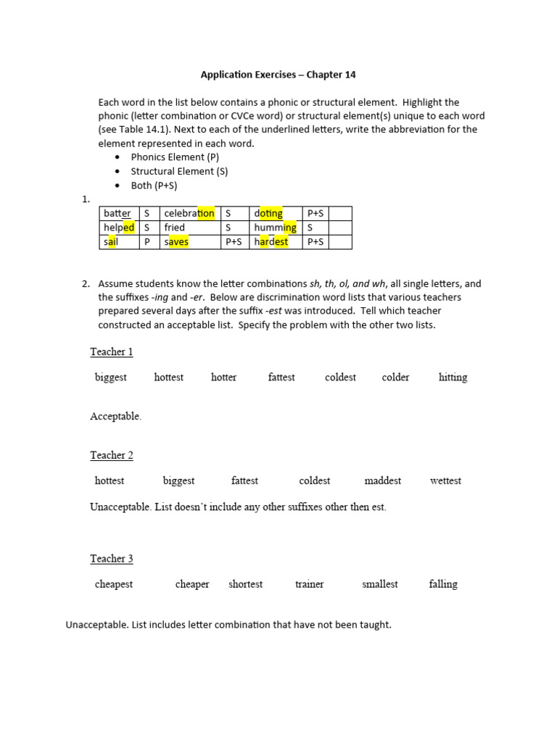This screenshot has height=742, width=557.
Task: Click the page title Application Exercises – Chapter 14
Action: click(x=278, y=75)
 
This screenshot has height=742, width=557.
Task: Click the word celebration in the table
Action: click(x=189, y=213)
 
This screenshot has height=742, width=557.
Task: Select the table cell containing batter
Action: click(x=117, y=213)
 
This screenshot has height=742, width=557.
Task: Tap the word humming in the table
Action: click(x=275, y=228)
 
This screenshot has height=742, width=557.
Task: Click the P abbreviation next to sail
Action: click(x=147, y=242)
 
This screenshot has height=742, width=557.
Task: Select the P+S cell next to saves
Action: click(x=234, y=242)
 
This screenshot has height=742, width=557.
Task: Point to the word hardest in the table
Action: click(x=271, y=242)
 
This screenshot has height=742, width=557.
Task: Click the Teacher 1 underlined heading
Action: click(x=112, y=352)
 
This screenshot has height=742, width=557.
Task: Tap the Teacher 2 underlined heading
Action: click(x=112, y=456)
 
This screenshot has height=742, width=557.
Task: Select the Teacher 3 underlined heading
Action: click(x=112, y=559)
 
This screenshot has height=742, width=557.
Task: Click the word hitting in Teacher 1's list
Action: click(x=453, y=378)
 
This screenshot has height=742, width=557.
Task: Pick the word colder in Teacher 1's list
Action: click(x=395, y=378)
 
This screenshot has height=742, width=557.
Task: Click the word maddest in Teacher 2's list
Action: click(x=382, y=481)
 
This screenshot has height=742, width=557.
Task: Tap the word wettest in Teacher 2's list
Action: click(x=445, y=481)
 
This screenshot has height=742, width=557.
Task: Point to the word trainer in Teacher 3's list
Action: click(x=309, y=584)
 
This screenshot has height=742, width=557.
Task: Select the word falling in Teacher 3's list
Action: click(x=443, y=584)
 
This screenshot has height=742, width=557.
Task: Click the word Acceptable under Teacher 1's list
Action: click(x=115, y=417)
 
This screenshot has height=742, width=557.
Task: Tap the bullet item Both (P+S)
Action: click(x=154, y=185)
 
